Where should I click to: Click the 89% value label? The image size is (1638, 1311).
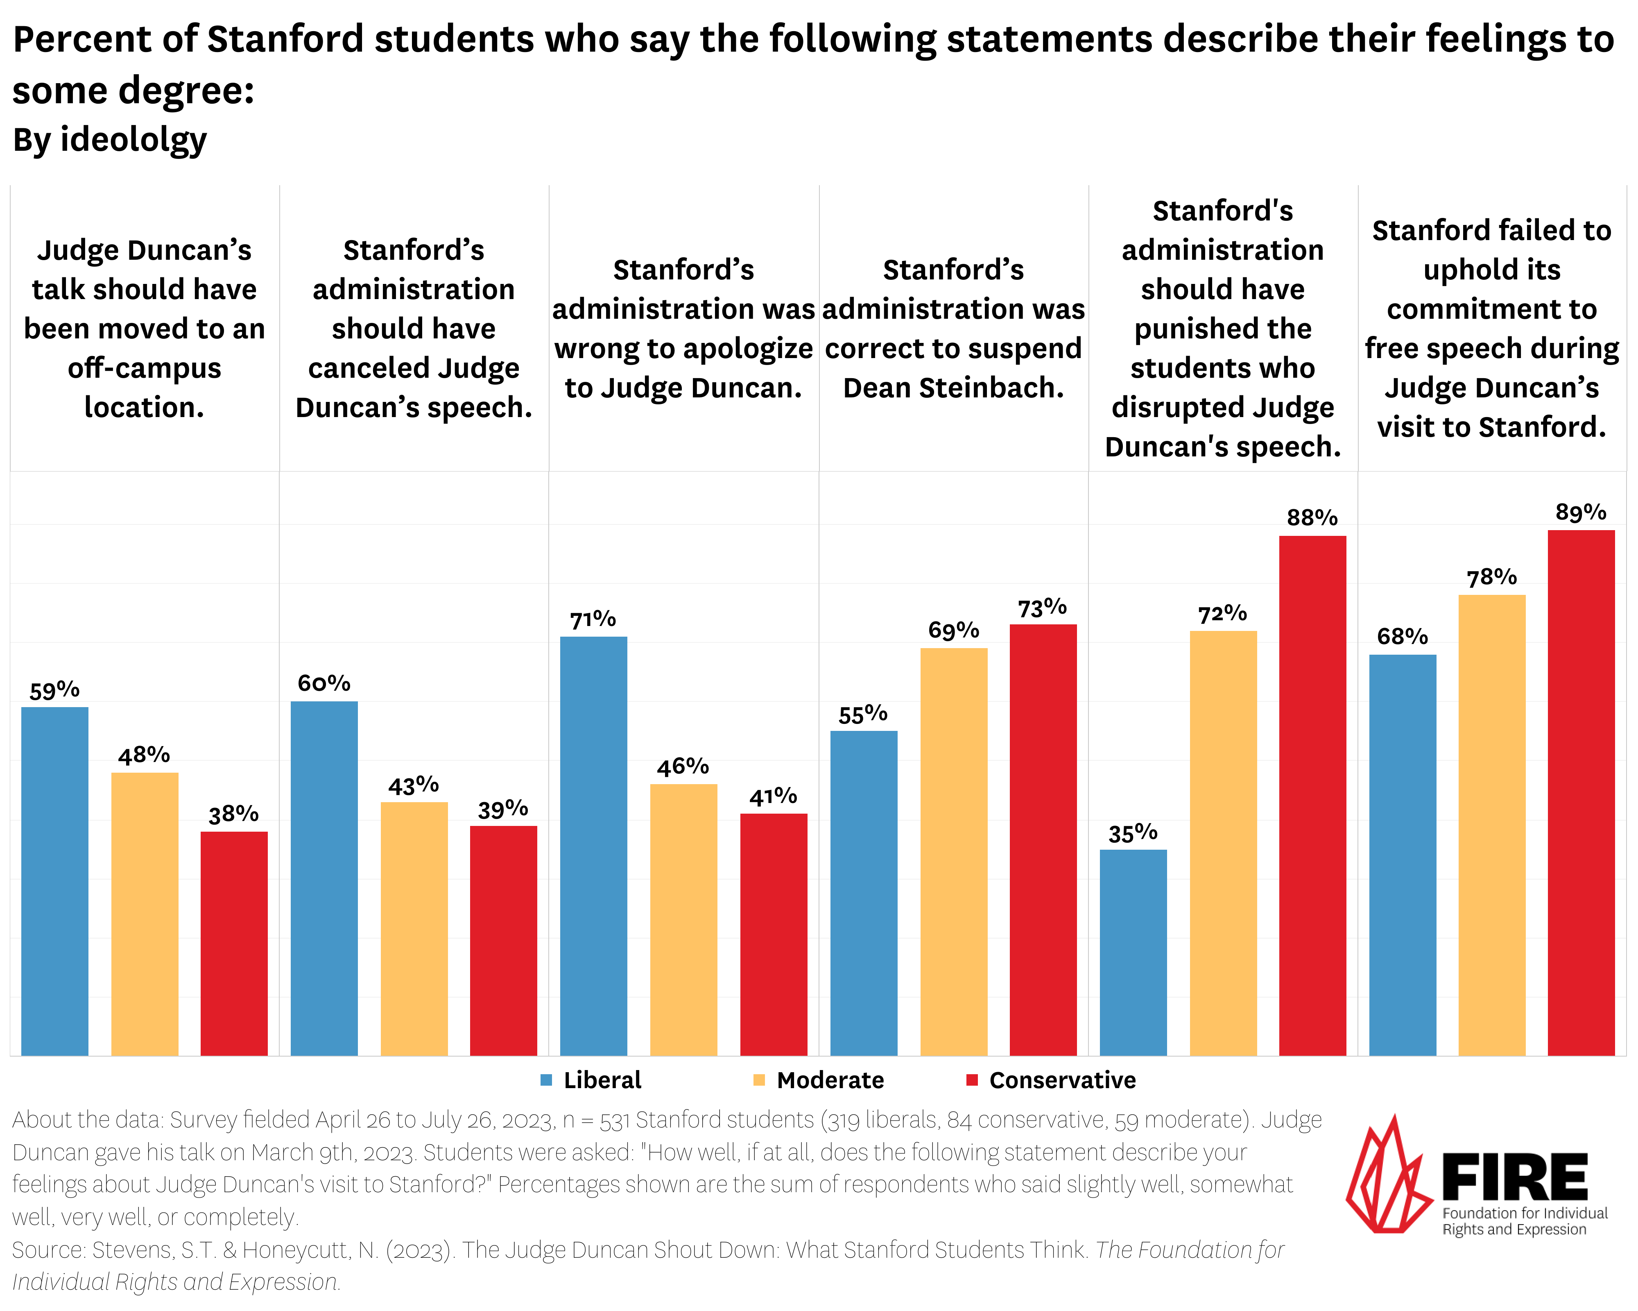1581,512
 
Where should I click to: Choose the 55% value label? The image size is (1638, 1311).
863,714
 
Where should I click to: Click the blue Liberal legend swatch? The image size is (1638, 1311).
545,1080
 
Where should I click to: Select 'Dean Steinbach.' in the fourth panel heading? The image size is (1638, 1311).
953,388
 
